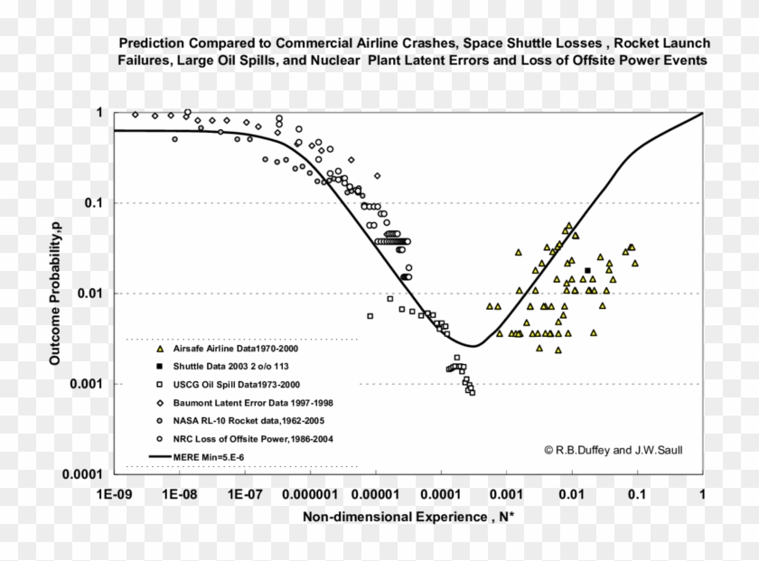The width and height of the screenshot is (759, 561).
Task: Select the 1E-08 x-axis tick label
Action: [x=180, y=496]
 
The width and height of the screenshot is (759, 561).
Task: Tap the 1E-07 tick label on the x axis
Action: [x=246, y=496]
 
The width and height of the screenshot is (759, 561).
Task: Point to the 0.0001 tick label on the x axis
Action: [x=440, y=496]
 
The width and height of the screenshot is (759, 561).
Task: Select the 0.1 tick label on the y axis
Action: [x=93, y=203]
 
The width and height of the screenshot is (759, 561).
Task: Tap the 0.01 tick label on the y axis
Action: [x=90, y=294]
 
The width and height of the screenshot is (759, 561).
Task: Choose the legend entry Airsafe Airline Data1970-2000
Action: [x=241, y=348]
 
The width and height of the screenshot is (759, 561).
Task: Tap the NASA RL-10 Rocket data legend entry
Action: [x=243, y=421]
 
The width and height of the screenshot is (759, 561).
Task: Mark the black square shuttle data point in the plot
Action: [x=588, y=270]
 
